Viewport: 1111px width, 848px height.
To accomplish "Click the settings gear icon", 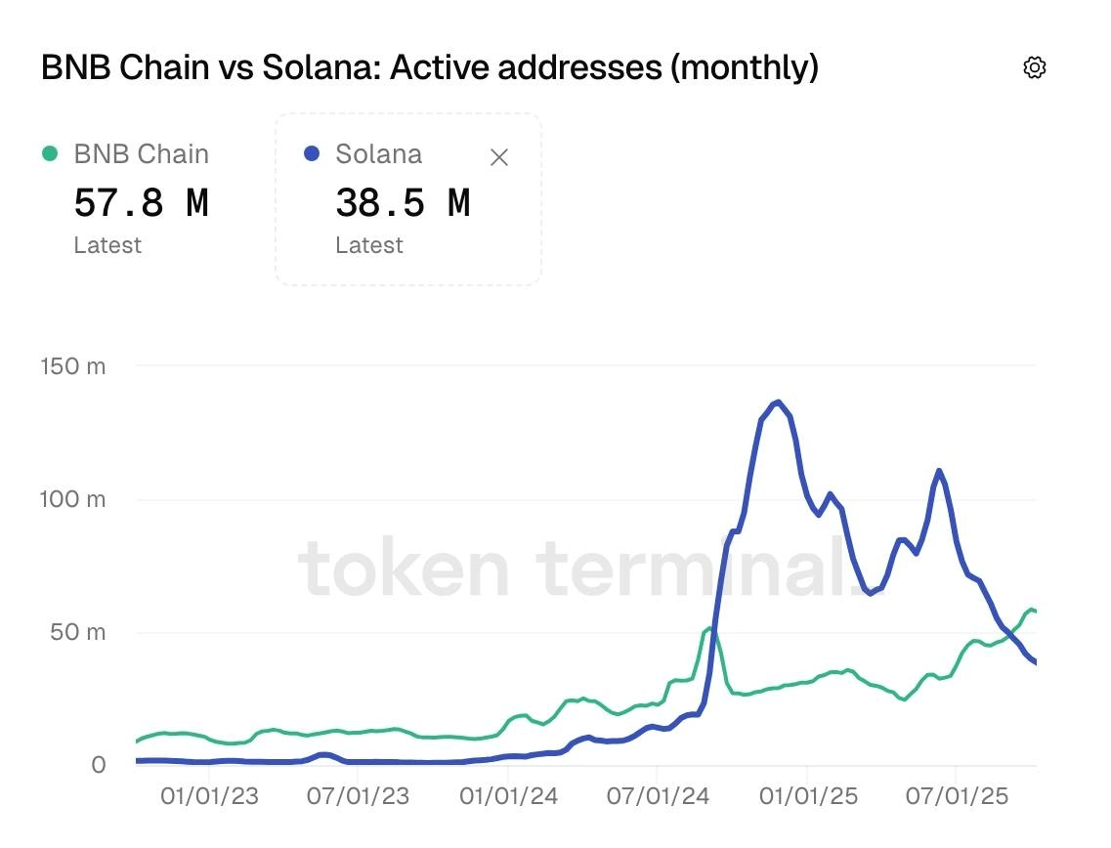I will pos(1034,67).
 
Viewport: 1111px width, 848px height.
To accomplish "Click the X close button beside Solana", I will pos(498,157).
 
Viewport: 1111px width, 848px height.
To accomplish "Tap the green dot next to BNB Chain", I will pos(50,153).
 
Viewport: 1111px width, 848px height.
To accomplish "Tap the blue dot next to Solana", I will pos(312,153).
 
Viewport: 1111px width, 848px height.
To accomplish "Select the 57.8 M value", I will pos(141,203).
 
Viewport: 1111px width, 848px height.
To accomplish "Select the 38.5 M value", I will pos(403,203).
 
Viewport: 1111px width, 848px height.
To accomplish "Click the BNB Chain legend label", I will pos(141,153).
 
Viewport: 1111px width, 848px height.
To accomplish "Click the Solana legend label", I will pos(379,153).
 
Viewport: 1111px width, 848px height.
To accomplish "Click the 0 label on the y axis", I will pos(98,765).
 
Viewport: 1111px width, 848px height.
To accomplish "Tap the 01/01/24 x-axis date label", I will pos(508,796).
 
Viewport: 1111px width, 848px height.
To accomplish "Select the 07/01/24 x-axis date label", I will pos(658,796).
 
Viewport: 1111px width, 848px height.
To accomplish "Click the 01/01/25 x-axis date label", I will pos(808,796).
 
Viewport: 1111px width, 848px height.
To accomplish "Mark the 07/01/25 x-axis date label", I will pos(957,796).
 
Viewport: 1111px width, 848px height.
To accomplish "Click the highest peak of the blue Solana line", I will pos(778,403).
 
